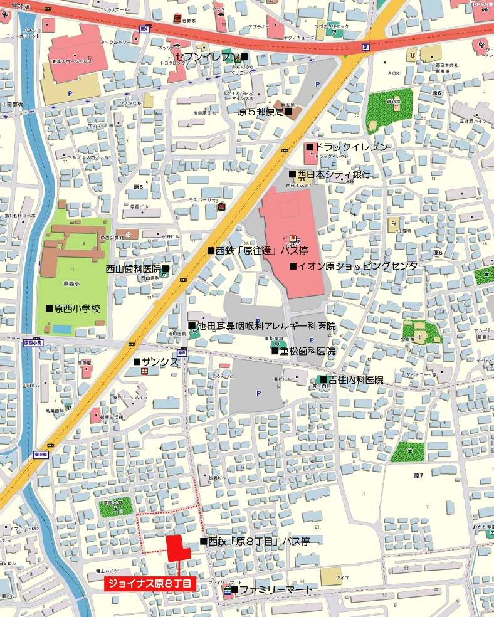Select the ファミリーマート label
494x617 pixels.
(x=271, y=590)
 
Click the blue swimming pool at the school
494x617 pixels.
(x=61, y=329)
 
